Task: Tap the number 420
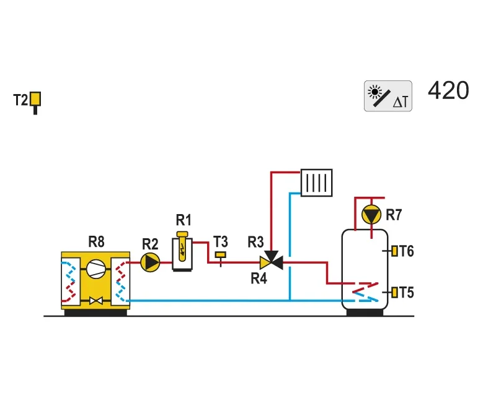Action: (448, 90)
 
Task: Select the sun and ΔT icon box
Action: (388, 96)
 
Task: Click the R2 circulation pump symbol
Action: (150, 262)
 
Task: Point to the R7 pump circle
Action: (371, 215)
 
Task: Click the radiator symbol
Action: (316, 183)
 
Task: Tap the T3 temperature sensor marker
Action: (221, 257)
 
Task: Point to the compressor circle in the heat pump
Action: (95, 269)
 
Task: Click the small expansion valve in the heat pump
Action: (95, 301)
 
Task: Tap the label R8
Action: (96, 242)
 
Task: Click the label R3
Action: (255, 242)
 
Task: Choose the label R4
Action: (259, 278)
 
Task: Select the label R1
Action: (184, 220)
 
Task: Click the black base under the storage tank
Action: (365, 312)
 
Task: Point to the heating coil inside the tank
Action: (366, 292)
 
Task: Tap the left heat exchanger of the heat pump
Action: (70, 282)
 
